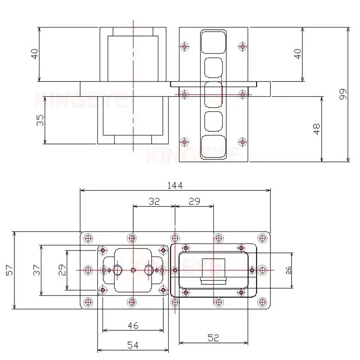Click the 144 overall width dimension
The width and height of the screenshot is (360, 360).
click(175, 185)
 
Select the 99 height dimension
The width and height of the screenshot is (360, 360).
click(343, 94)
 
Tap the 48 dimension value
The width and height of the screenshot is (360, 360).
click(317, 129)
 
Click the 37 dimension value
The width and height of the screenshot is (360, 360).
click(37, 270)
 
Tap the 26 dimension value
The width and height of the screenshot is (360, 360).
click(288, 270)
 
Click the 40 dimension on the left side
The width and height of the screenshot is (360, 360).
click(35, 54)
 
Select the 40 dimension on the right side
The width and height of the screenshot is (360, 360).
click(297, 54)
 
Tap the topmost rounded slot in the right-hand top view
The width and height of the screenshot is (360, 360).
click(213, 41)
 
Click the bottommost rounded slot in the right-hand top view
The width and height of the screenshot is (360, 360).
click(213, 148)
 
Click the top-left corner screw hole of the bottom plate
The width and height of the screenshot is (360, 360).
click(88, 238)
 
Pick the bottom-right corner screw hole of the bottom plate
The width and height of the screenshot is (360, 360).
click(262, 301)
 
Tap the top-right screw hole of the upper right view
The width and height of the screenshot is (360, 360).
click(243, 46)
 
